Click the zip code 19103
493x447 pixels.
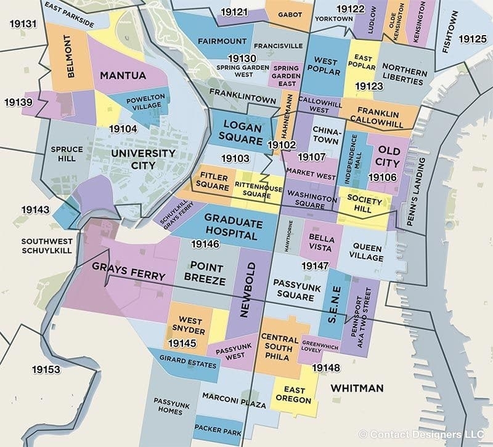pos(235,159)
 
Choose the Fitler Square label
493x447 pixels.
pos(213,181)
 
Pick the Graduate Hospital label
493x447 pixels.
pos(230,227)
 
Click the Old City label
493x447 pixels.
pos(388,156)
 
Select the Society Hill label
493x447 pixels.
pos(365,203)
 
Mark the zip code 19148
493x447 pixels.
pos(325,368)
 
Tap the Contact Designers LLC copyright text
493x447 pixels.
pos(425,434)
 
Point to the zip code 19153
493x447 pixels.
pos(47,369)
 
